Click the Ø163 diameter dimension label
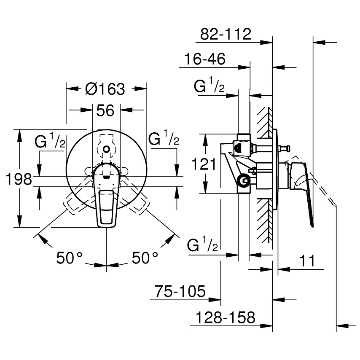pyautogui.click(x=105, y=89)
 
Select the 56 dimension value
pyautogui.click(x=105, y=110)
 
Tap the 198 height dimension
pyautogui.click(x=19, y=179)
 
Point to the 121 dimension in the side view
pyautogui.click(x=204, y=164)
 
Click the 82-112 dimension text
pyautogui.click(x=226, y=34)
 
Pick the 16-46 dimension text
pyautogui.click(x=205, y=59)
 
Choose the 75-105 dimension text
pyautogui.click(x=180, y=291)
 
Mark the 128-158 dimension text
pyautogui.click(x=225, y=317)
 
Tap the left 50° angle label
pyautogui.click(x=69, y=258)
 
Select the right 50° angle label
pyautogui.click(x=145, y=258)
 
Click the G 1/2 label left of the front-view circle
pyautogui.click(x=50, y=140)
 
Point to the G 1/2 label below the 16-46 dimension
pyautogui.click(x=209, y=86)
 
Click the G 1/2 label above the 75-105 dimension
pyautogui.click(x=202, y=244)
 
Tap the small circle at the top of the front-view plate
pyautogui.click(x=106, y=150)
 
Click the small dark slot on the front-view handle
pyautogui.click(x=106, y=177)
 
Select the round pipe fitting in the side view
pyautogui.click(x=244, y=181)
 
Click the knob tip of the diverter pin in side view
pyautogui.click(x=288, y=149)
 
